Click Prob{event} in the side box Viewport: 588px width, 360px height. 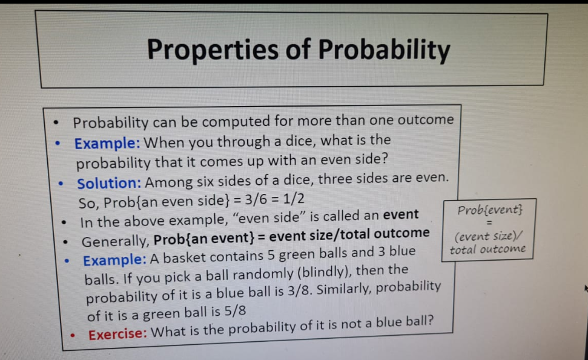tap(490, 210)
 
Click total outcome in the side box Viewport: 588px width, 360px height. tap(488, 249)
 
